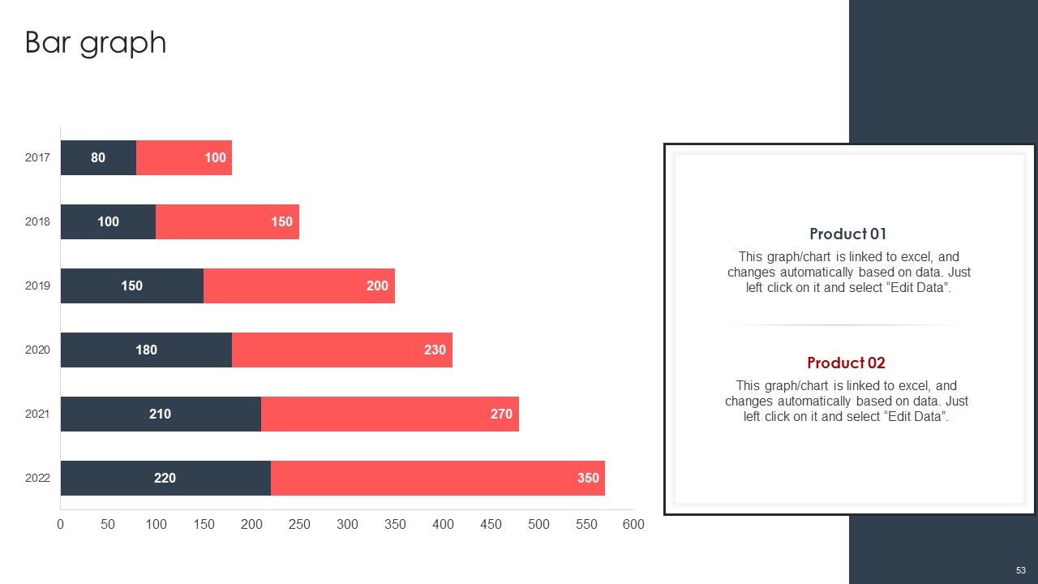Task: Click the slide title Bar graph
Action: (96, 43)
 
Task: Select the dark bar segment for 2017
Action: (98, 157)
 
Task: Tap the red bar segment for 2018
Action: (227, 221)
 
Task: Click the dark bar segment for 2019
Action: (132, 286)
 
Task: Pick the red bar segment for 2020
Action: (342, 350)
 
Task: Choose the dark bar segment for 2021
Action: (161, 414)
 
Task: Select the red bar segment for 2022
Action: (438, 478)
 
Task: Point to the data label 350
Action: (588, 478)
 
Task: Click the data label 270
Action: (501, 414)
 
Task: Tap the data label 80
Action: (98, 157)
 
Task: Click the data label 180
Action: (147, 350)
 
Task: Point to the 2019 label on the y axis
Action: (37, 286)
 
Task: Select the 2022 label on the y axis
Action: (37, 478)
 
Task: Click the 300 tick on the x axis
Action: (347, 524)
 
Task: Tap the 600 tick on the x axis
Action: (633, 524)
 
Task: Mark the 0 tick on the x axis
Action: (60, 524)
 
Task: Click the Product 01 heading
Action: (847, 234)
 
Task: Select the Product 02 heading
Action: (846, 363)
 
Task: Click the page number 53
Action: (1021, 570)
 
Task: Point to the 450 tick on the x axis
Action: (491, 524)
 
